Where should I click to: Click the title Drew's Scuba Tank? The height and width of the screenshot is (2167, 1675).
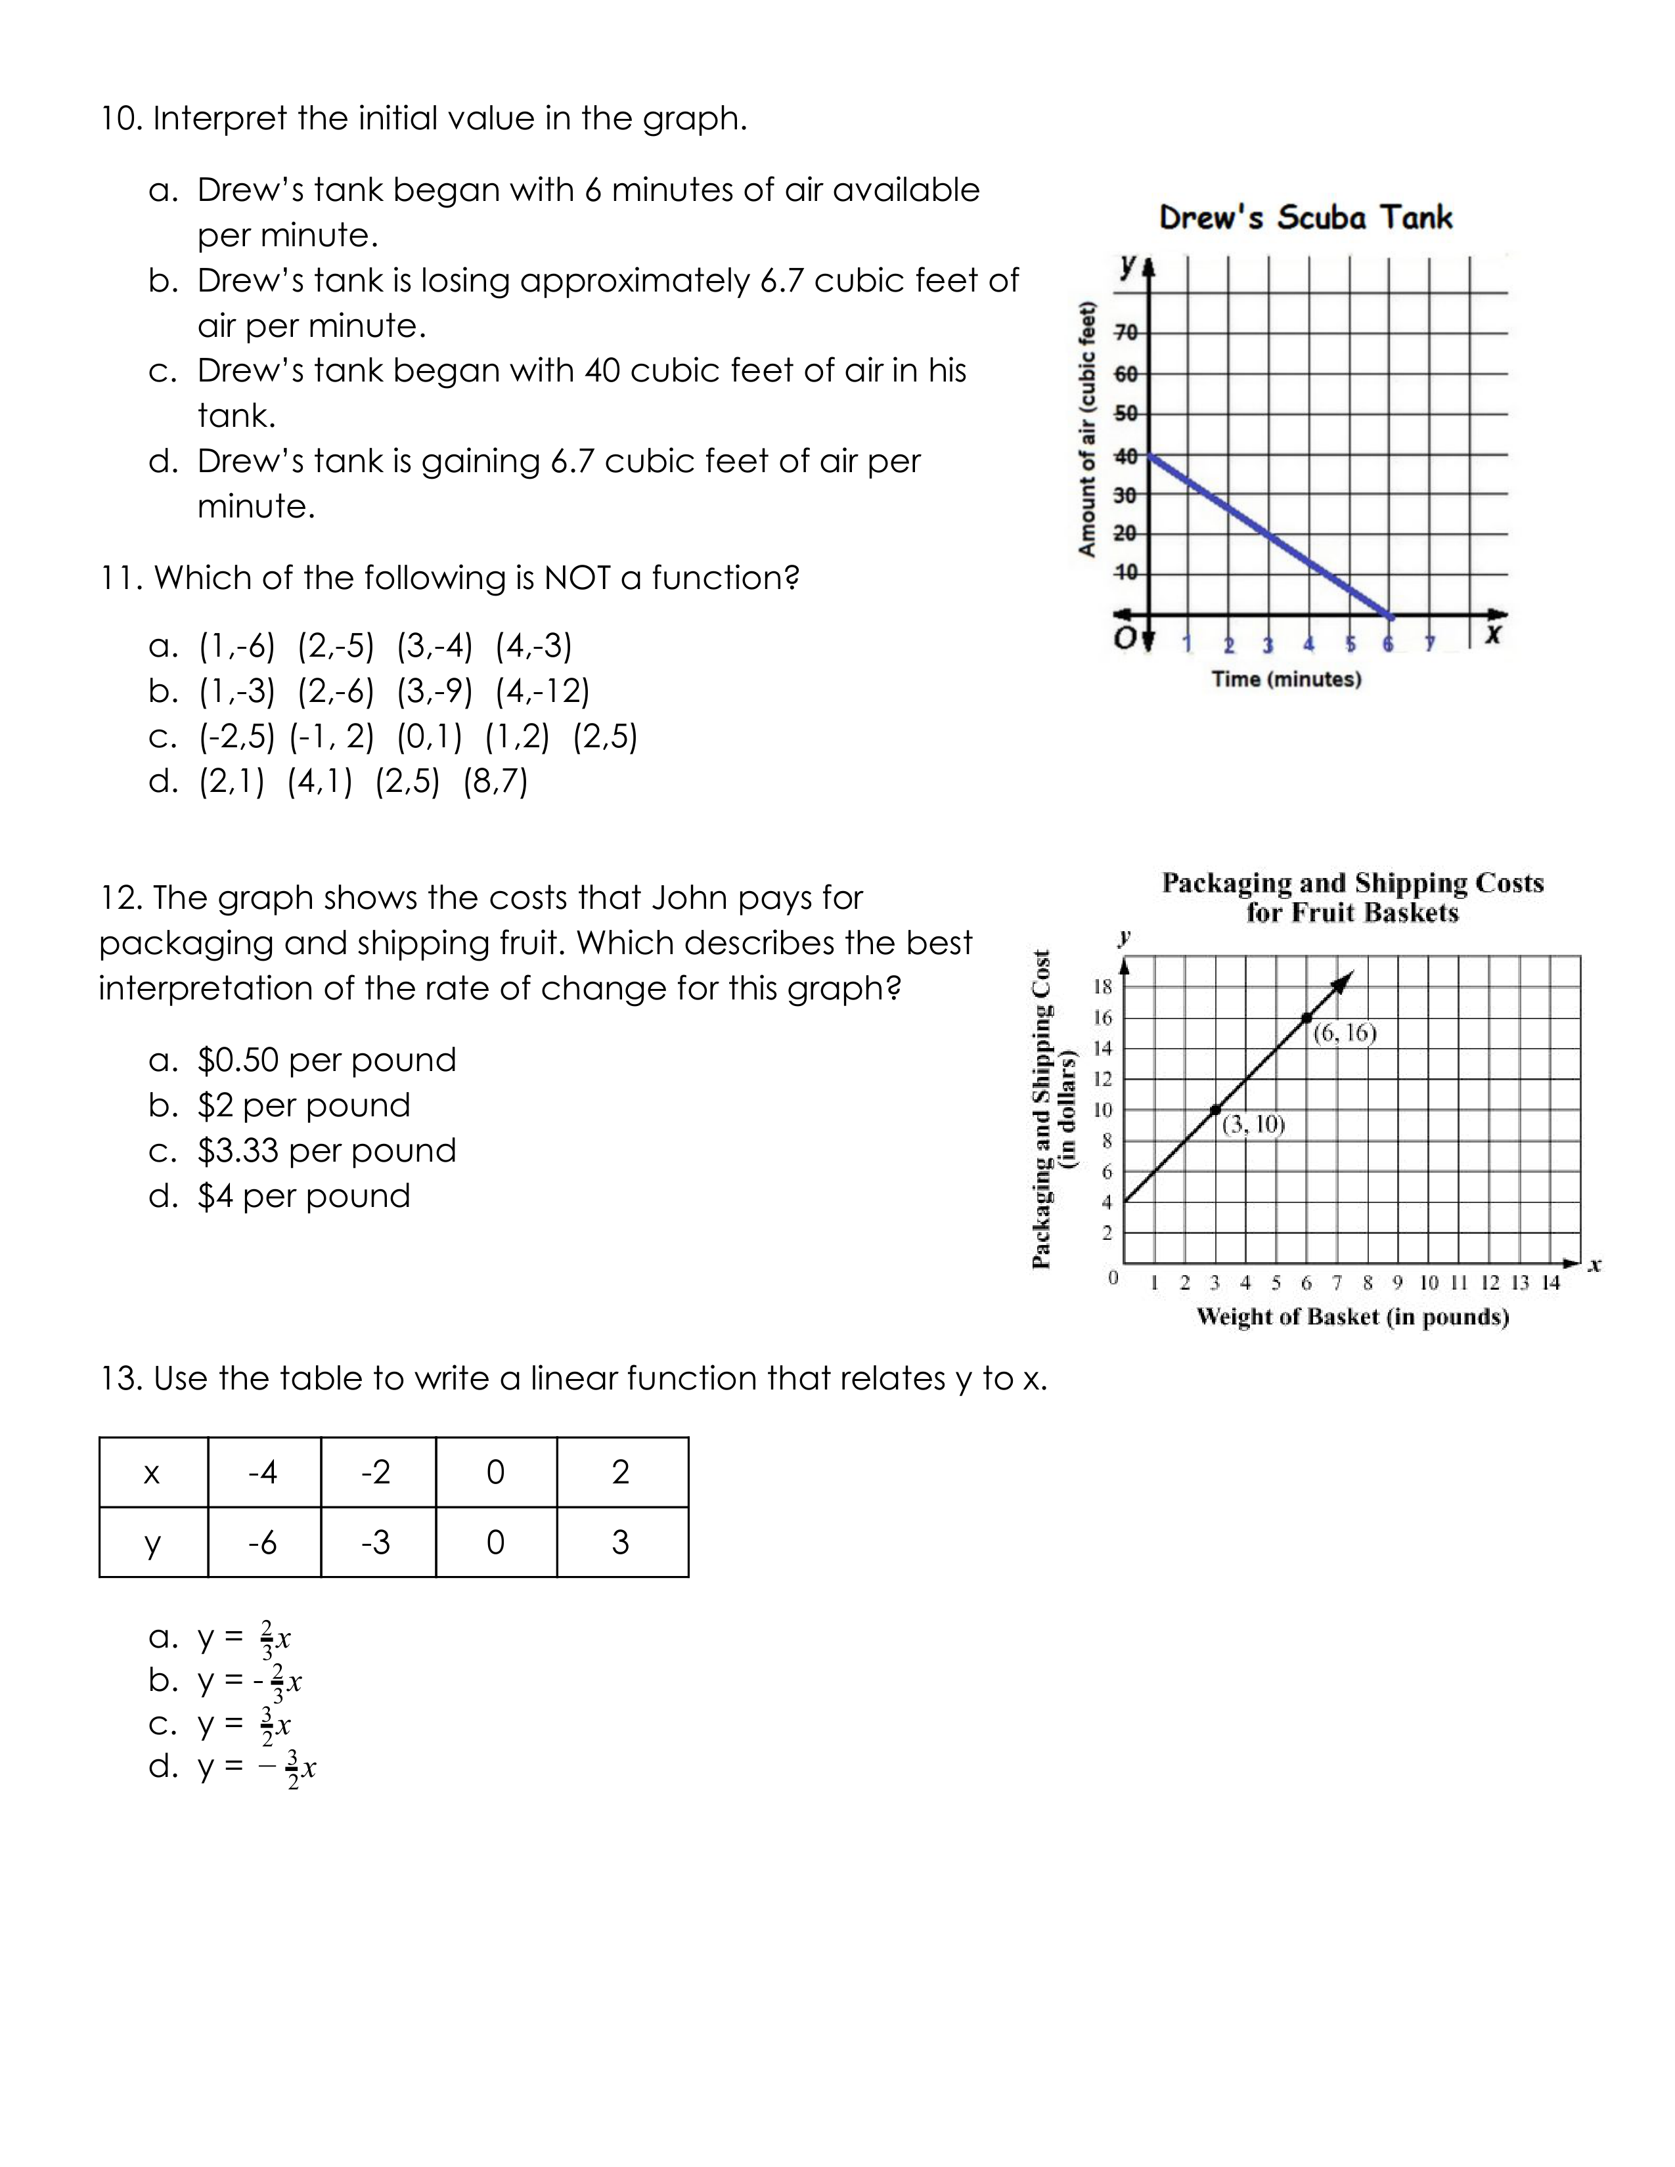coord(1305,217)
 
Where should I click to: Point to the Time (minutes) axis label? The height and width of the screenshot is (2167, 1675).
coord(1286,679)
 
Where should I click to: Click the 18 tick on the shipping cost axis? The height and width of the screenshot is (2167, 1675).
coord(1102,986)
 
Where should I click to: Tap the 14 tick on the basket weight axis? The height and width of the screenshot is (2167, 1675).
coord(1551,1283)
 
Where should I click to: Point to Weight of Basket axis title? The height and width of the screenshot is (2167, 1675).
coord(1352,1317)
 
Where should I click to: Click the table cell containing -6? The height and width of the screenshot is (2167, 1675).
coord(263,1542)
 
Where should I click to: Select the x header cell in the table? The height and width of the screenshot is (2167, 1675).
coord(152,1472)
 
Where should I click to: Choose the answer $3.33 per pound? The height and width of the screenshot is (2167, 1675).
coord(326,1150)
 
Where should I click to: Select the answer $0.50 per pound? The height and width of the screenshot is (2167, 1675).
coord(326,1060)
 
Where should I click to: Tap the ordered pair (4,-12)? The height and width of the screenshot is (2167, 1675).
coord(543,691)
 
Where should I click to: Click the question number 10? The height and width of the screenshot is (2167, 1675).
coord(121,118)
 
